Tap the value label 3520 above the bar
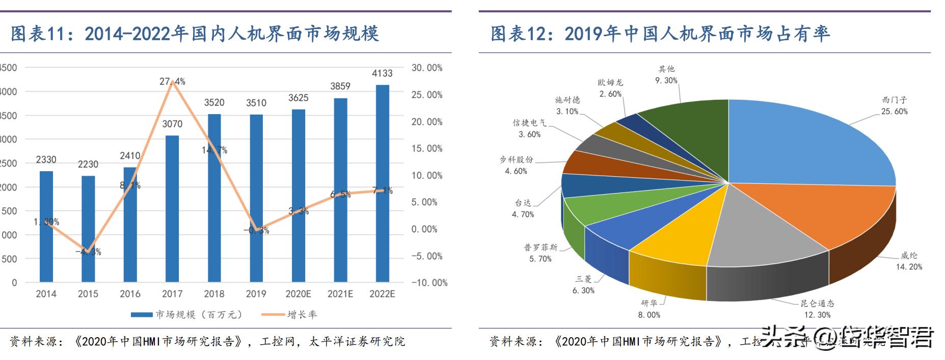[214, 103]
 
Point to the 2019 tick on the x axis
[256, 294]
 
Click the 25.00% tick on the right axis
[427, 95]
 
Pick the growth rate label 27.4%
[172, 81]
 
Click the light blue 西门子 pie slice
[805, 143]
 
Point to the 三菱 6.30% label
[583, 285]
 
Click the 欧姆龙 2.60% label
[610, 88]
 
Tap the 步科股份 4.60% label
[516, 165]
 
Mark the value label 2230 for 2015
[88, 164]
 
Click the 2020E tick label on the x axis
[298, 294]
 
